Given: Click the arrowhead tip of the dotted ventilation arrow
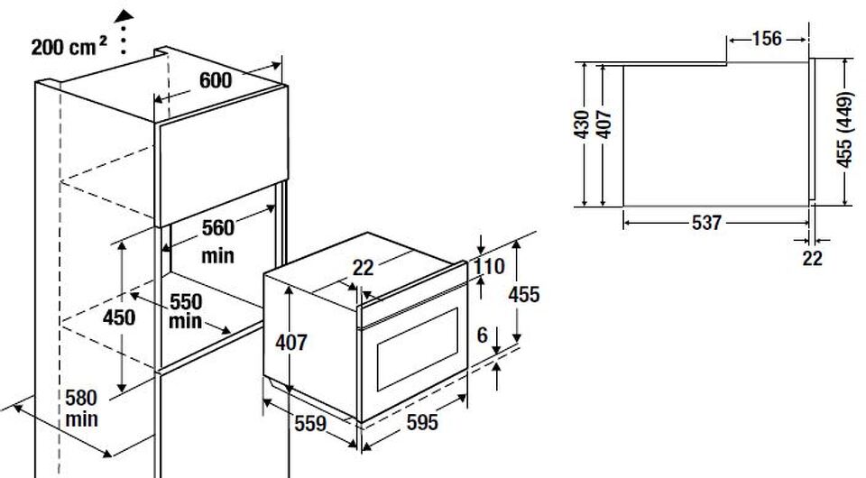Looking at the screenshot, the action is pyautogui.click(x=124, y=11).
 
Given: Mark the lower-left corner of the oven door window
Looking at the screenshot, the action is pyautogui.click(x=378, y=391).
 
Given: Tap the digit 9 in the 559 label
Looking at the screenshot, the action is pyautogui.click(x=320, y=424).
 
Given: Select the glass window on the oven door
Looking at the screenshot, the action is pyautogui.click(x=418, y=349).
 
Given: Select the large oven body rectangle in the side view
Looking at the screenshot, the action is pyautogui.click(x=716, y=135).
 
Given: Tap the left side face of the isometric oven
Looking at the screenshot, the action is pyautogui.click(x=311, y=344).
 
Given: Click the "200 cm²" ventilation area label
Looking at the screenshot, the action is pyautogui.click(x=69, y=47).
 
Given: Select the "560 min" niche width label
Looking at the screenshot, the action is pyautogui.click(x=218, y=242).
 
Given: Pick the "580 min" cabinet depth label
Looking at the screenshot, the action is pyautogui.click(x=81, y=408).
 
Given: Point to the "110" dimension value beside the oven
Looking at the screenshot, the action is pyautogui.click(x=489, y=267).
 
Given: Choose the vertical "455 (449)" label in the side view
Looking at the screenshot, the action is pyautogui.click(x=845, y=130).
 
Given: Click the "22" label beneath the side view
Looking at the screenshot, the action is pyautogui.click(x=812, y=258).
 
